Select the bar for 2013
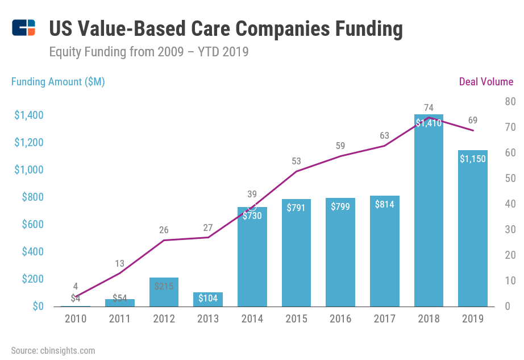coord(208,300)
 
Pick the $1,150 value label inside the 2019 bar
coord(473,159)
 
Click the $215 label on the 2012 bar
coord(164,287)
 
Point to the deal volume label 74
coord(429,107)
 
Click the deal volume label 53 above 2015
coord(296,161)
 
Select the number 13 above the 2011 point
coord(120,263)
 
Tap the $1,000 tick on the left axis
coord(29,170)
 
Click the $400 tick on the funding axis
coord(32,252)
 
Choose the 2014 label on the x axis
coord(252,319)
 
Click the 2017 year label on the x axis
coord(385,319)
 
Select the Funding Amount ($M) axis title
coord(58,82)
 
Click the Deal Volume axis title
coord(486,82)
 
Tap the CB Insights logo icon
coord(24,27)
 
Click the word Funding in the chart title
coord(361,28)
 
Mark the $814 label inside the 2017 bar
coord(385,205)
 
